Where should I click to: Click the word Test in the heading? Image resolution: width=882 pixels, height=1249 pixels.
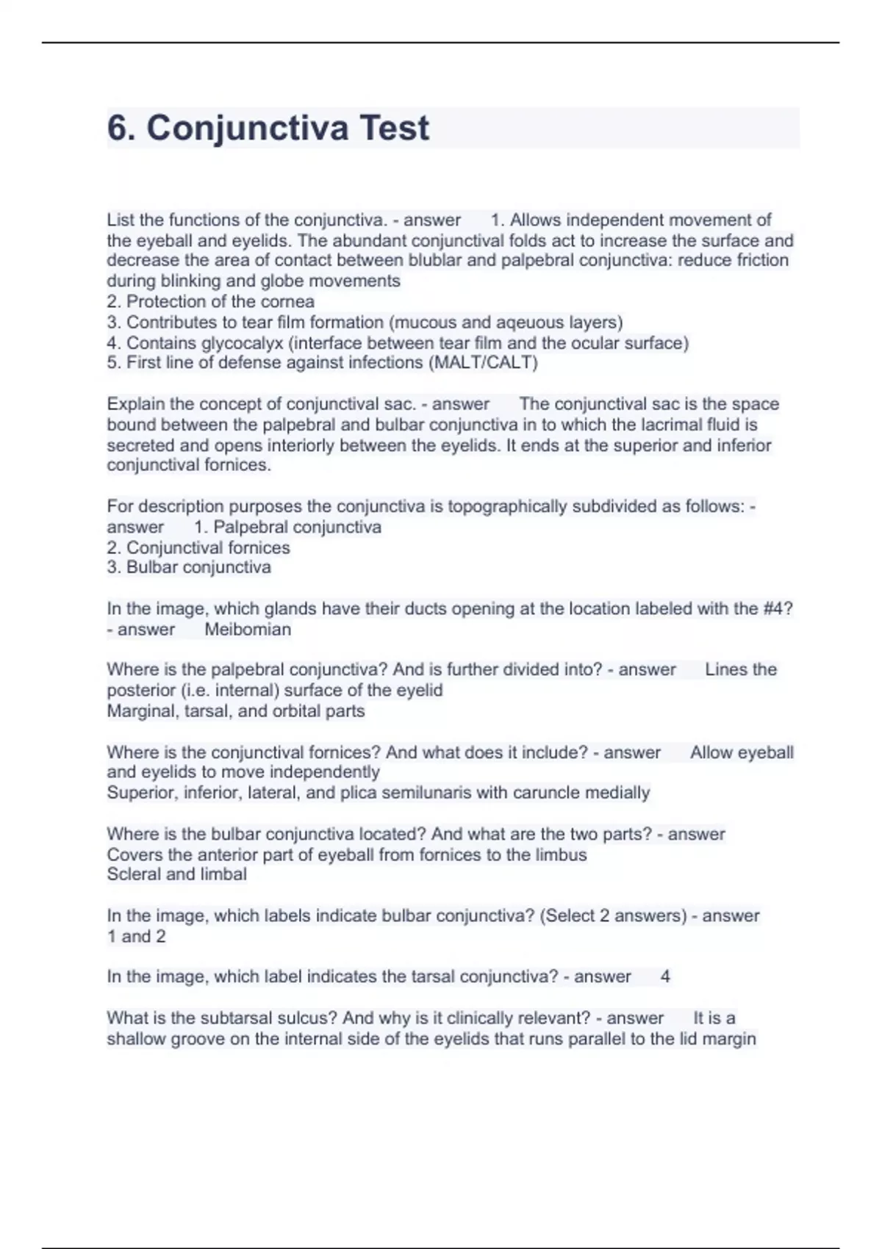(x=394, y=128)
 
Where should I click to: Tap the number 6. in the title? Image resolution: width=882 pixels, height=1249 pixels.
(x=121, y=128)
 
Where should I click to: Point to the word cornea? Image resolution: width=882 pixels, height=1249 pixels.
(x=287, y=301)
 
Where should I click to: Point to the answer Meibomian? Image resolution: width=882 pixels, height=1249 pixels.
(x=248, y=629)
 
